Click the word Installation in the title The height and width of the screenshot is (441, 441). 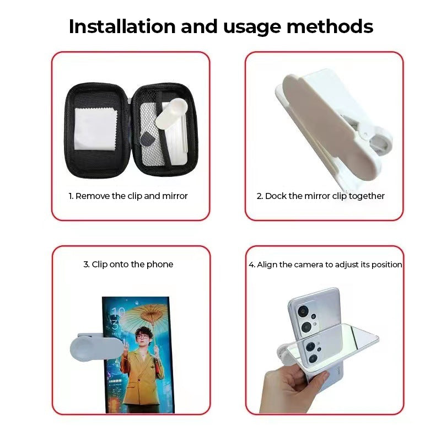tap(122, 26)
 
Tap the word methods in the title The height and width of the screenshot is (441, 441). tap(330, 26)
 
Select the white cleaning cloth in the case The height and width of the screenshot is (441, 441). tap(95, 129)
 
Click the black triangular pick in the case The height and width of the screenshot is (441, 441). tap(147, 140)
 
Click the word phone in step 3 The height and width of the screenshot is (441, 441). tap(160, 265)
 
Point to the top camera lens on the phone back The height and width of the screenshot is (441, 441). tap(303, 311)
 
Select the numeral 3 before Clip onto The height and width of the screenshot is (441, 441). tap(86, 265)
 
